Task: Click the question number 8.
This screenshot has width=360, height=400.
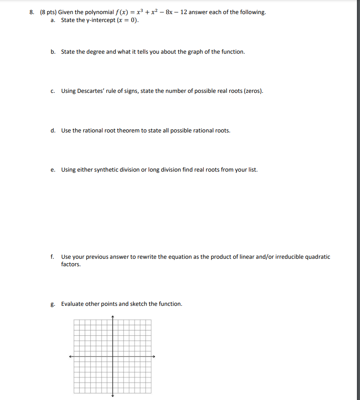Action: tap(32, 12)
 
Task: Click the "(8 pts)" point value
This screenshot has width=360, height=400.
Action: tap(48, 12)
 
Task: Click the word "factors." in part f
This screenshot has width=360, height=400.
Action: tap(71, 264)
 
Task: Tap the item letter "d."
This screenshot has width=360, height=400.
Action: tap(53, 131)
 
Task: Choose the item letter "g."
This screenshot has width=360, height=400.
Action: tap(53, 304)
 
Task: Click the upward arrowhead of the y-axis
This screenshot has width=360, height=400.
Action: tap(113, 316)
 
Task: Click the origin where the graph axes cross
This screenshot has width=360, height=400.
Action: tap(113, 356)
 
